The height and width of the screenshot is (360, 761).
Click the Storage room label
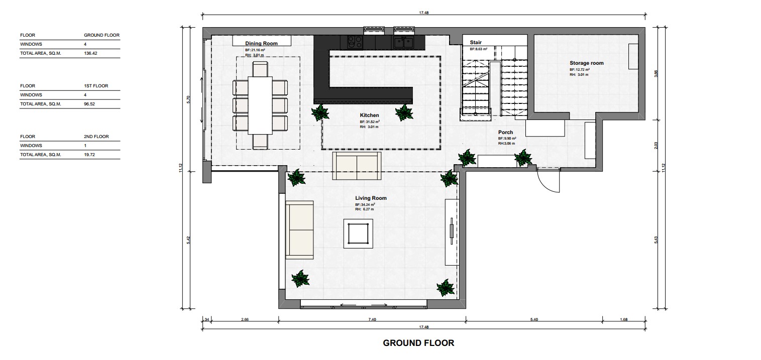coord(586,63)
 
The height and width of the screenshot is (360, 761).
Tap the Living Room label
coord(371,198)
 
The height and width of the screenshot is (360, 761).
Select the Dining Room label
coord(261,44)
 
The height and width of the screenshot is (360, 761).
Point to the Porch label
coord(505,132)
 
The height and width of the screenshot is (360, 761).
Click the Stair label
coord(476,43)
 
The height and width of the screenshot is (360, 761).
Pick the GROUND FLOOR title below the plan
coord(418,343)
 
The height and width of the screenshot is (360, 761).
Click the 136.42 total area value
coord(90,53)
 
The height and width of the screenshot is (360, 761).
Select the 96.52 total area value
coord(89,104)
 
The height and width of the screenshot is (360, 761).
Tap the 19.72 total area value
coord(89,155)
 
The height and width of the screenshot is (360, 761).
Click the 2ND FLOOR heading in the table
coord(96,137)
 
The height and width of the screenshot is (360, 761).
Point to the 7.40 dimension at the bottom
coord(372,320)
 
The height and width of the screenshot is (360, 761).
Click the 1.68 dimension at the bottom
coord(624,320)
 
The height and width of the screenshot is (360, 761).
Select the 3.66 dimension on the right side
coord(656,74)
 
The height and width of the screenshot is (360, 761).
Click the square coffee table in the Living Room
coord(358,233)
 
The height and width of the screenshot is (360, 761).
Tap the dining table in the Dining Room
coord(260,105)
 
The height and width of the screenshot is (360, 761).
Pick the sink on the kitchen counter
coord(403,43)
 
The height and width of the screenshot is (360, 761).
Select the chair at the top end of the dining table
coord(260,69)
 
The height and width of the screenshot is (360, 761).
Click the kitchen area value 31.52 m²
coord(370,122)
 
